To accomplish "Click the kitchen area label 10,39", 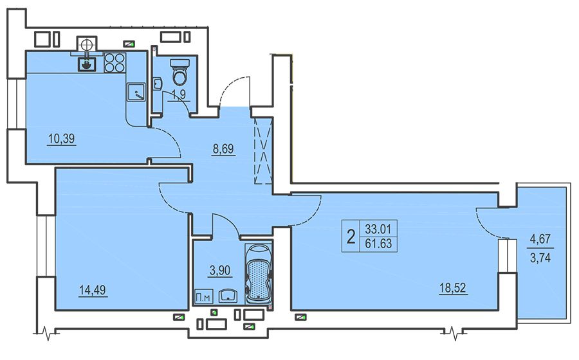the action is (x=61, y=139).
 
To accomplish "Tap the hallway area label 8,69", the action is (x=223, y=149).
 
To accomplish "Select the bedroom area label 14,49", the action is (x=93, y=290).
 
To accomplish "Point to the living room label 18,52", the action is (x=454, y=288).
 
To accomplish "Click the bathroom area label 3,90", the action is (x=220, y=271).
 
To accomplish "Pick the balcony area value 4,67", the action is (x=540, y=239).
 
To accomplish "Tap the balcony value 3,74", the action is (x=540, y=257).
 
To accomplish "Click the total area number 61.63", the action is (x=378, y=243).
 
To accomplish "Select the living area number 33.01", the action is (x=378, y=229).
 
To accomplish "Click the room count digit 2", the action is (x=351, y=236).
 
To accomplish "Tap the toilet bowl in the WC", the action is (x=180, y=72).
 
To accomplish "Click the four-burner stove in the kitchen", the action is (x=115, y=63).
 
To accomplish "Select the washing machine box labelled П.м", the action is (x=203, y=296).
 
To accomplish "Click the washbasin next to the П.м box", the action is (x=228, y=296).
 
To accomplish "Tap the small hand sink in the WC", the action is (x=158, y=84).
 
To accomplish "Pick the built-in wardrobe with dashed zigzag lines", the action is (x=263, y=151).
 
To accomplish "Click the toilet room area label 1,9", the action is (x=179, y=94).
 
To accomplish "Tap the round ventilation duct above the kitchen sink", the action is (x=86, y=44).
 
